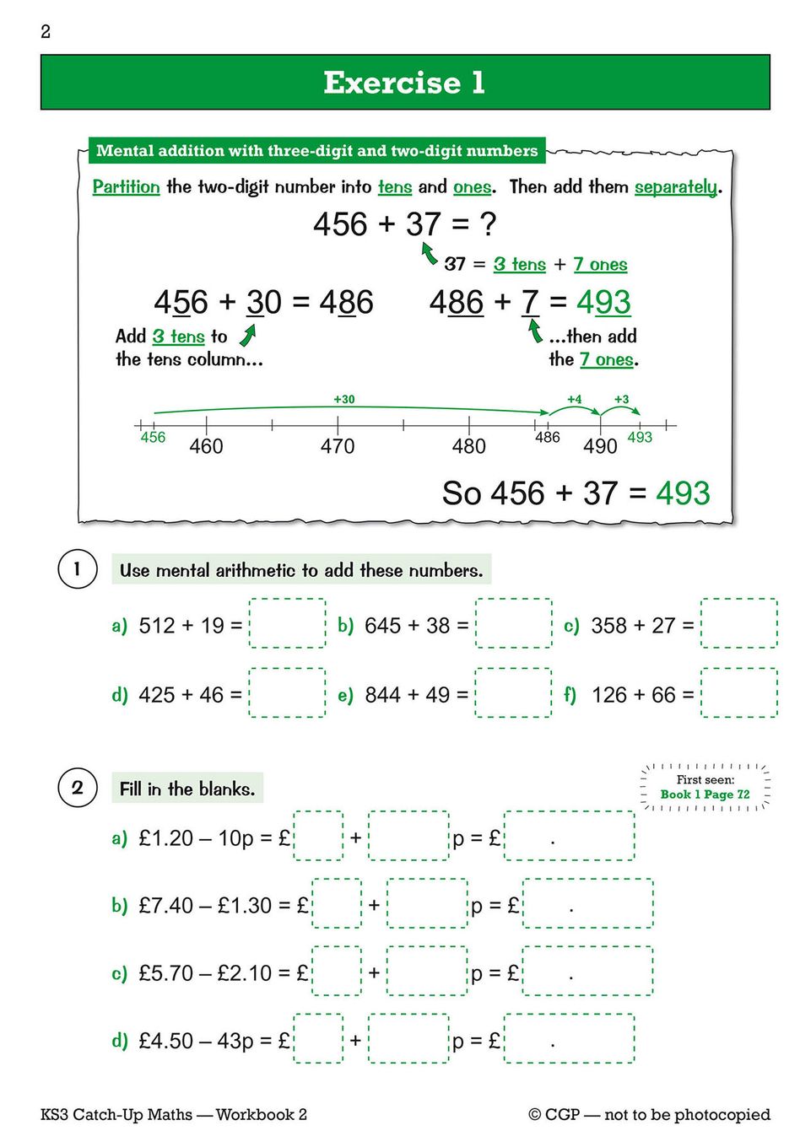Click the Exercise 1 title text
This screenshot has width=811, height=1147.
(x=404, y=83)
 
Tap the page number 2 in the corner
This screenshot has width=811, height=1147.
(x=46, y=32)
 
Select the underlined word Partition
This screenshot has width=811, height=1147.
(x=126, y=186)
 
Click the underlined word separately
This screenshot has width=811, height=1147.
(x=676, y=186)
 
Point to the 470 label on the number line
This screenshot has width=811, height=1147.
(x=338, y=446)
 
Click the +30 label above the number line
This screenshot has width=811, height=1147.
(x=343, y=399)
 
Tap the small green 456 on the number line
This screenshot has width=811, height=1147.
(x=153, y=437)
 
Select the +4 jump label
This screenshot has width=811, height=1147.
(x=574, y=399)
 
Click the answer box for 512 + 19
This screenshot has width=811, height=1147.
(x=287, y=623)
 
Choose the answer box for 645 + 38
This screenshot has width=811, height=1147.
(x=513, y=623)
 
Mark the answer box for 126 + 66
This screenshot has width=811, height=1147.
(x=738, y=692)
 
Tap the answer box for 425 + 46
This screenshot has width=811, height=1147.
(x=287, y=692)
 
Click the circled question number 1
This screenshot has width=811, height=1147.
(x=78, y=568)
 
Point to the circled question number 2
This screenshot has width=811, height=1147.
(x=78, y=788)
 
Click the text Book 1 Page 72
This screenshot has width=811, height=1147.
(x=705, y=794)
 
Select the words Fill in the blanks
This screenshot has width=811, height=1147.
(x=187, y=789)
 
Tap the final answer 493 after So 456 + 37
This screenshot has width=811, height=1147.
(x=683, y=493)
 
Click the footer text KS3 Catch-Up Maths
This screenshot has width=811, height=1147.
(x=116, y=1114)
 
